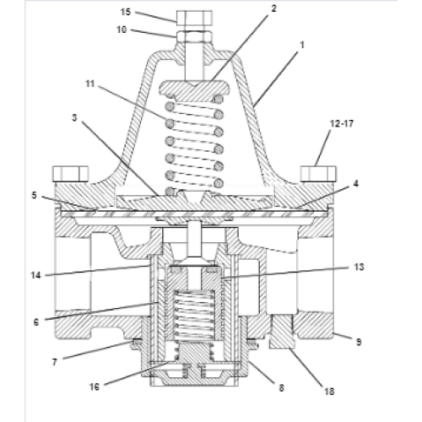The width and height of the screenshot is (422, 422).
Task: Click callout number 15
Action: pyautogui.click(x=126, y=12)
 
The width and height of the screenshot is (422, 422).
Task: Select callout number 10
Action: pyautogui.click(x=122, y=30)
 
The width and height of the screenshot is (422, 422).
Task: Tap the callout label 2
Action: pyautogui.click(x=273, y=8)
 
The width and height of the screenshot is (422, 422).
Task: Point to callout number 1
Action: pyautogui.click(x=302, y=45)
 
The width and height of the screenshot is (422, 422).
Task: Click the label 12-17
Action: pyautogui.click(x=342, y=123)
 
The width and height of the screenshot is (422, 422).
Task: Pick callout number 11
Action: pyautogui.click(x=90, y=84)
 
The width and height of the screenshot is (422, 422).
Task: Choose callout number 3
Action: pyautogui.click(x=74, y=117)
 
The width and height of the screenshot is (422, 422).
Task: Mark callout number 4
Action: pyautogui.click(x=356, y=184)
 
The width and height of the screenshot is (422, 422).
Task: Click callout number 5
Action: pyautogui.click(x=34, y=195)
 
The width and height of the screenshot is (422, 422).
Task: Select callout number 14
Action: pyautogui.click(x=36, y=275)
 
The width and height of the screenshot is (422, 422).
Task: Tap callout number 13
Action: pyautogui.click(x=359, y=267)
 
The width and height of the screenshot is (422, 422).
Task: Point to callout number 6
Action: pyautogui.click(x=36, y=322)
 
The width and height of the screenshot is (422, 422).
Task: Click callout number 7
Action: pyautogui.click(x=55, y=362)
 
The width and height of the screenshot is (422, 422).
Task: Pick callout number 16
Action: pyautogui.click(x=95, y=387)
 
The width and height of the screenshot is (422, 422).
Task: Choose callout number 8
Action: pyautogui.click(x=281, y=388)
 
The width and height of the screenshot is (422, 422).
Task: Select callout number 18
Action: pyautogui.click(x=329, y=392)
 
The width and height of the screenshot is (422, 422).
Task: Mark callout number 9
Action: pyautogui.click(x=359, y=342)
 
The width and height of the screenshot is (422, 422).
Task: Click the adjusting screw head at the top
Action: pyautogui.click(x=194, y=17)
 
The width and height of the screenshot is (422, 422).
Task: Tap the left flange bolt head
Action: pyautogui.click(x=71, y=174)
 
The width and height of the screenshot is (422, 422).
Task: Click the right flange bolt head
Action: pyautogui.click(x=318, y=174)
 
